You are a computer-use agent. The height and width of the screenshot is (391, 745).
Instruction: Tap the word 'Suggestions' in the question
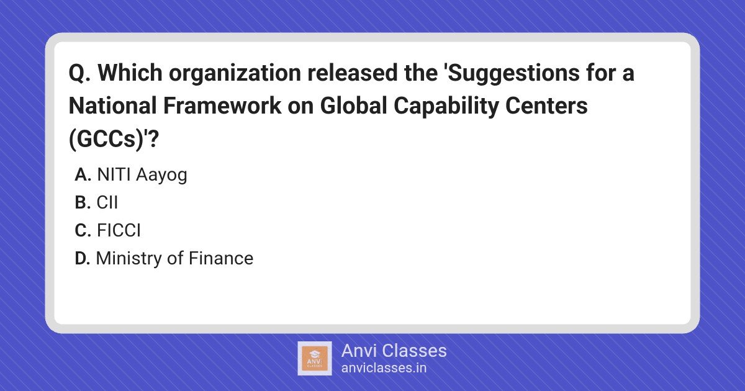(513, 73)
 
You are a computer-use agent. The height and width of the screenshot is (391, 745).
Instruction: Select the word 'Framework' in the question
(222, 106)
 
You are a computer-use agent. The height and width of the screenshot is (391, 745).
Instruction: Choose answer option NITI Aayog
(142, 175)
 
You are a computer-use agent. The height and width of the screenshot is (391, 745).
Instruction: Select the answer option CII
(107, 202)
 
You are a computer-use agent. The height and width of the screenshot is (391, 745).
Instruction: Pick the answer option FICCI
(119, 230)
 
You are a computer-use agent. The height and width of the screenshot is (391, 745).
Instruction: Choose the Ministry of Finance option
(174, 258)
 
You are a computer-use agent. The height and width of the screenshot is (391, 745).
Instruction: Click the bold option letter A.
(83, 174)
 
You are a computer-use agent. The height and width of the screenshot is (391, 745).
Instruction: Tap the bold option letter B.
(83, 202)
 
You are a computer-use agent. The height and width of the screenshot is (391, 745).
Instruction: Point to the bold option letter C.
(83, 230)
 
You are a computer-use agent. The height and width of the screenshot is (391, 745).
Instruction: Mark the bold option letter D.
(83, 258)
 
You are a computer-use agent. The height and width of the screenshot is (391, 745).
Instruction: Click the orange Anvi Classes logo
(315, 359)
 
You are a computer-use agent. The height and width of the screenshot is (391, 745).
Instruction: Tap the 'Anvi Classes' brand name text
(394, 351)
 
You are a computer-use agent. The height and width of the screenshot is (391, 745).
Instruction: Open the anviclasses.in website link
(384, 368)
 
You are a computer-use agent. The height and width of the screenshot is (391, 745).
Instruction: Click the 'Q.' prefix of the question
(79, 73)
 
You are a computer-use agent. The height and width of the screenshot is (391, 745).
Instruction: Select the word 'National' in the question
(112, 106)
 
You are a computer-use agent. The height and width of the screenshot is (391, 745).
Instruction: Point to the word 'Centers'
(546, 106)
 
